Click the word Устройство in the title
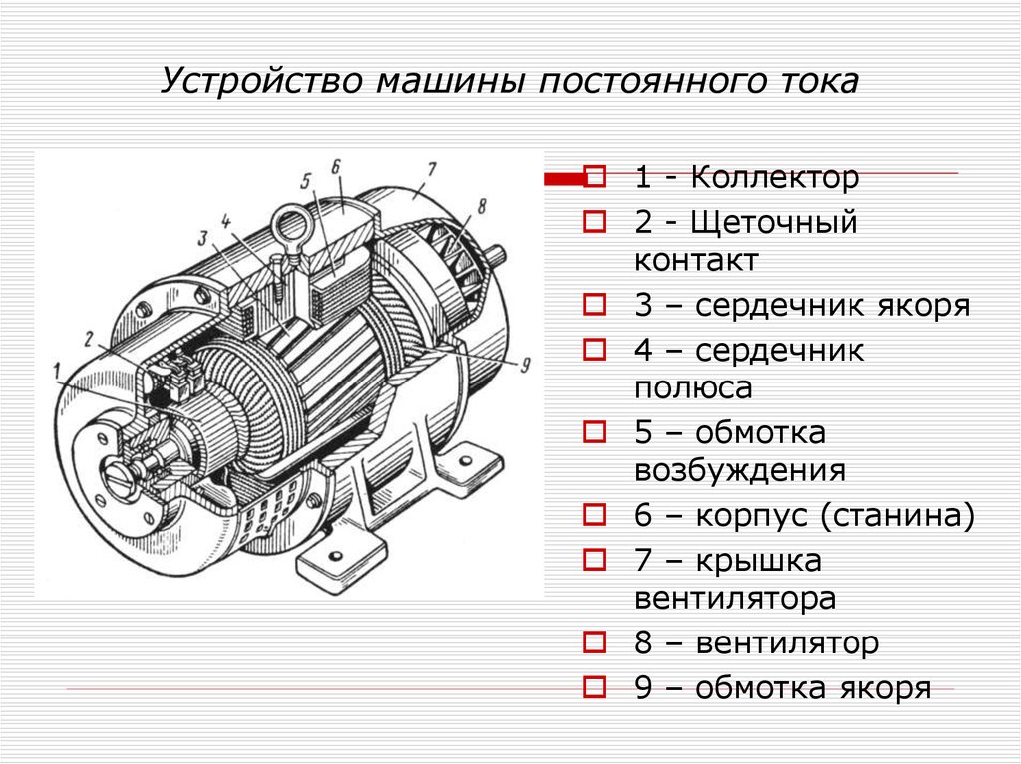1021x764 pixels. [261, 82]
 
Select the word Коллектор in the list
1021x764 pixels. [775, 177]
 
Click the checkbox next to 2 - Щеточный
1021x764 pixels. [594, 221]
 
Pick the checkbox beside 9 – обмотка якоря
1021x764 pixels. [594, 686]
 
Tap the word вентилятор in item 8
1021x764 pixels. [788, 642]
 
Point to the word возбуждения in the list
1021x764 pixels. [740, 470]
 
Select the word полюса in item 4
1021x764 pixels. [693, 388]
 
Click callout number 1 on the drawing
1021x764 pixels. [57, 372]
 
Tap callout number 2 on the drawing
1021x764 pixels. [89, 339]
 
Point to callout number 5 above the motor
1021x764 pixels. [306, 180]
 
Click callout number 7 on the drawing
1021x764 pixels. [431, 170]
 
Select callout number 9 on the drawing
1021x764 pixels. [525, 365]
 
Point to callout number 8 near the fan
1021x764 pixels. [482, 206]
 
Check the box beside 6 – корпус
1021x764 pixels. [594, 514]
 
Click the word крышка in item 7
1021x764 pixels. [758, 561]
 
